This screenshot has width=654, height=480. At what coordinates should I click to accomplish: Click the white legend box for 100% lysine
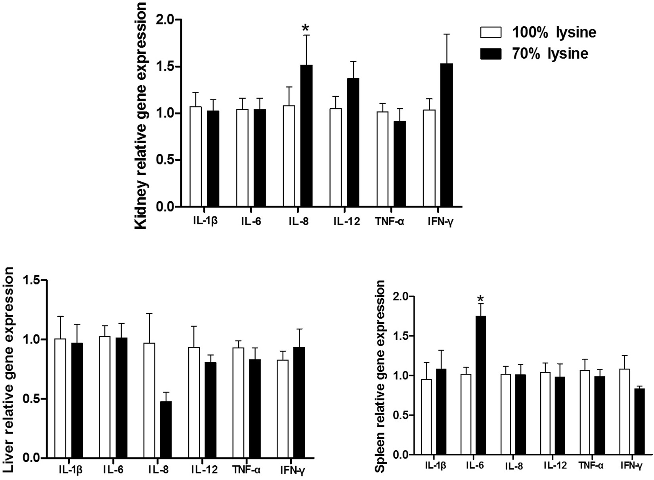click(x=491, y=33)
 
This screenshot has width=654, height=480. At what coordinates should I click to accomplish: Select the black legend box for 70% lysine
click(x=491, y=54)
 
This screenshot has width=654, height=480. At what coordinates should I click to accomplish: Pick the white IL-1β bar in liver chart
click(x=61, y=398)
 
